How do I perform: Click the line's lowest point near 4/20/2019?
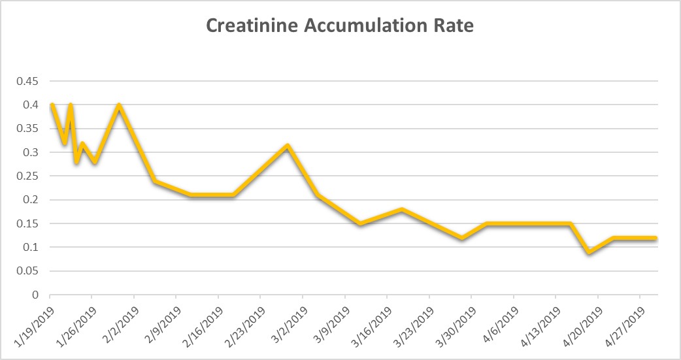[x=590, y=252]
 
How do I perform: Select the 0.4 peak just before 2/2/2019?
[x=119, y=105]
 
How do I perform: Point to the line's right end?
[x=656, y=238]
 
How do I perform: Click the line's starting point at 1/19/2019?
[x=51, y=105]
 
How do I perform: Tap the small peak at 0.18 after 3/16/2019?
[x=402, y=209]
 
